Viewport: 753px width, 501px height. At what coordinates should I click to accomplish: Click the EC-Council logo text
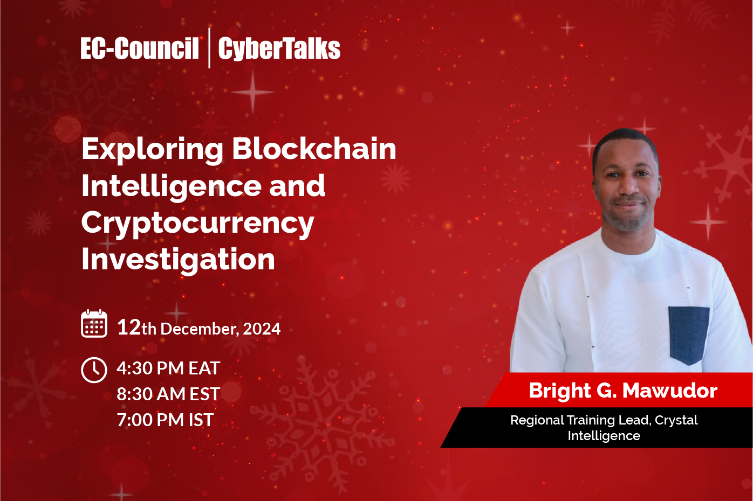click(x=140, y=48)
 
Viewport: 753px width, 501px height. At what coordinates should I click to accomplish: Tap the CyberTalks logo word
click(x=279, y=48)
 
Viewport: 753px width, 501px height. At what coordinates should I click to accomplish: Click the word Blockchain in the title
click(x=314, y=149)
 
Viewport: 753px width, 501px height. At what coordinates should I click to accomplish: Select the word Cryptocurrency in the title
click(x=197, y=222)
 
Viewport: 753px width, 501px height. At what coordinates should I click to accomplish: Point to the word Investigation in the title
click(x=178, y=259)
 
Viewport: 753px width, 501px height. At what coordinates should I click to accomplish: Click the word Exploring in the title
click(x=152, y=149)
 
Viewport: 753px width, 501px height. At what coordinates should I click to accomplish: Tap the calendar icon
click(x=94, y=324)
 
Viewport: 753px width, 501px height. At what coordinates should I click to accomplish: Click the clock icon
click(x=94, y=370)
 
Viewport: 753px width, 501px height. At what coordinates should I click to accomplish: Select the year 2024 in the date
click(x=262, y=329)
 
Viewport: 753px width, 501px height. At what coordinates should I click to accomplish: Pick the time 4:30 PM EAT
click(x=168, y=368)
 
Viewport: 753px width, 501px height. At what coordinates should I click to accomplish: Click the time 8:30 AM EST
click(x=168, y=394)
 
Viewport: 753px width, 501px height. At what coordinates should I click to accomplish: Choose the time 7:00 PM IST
click(x=165, y=420)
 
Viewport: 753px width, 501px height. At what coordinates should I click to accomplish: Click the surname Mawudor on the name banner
click(x=670, y=391)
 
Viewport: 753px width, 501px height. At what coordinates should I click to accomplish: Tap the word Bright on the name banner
click(x=560, y=391)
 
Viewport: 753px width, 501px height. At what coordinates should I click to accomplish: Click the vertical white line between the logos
click(x=209, y=48)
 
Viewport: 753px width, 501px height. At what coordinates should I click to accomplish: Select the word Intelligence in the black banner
click(x=604, y=436)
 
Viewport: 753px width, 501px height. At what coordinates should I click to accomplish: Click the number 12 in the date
click(x=129, y=327)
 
